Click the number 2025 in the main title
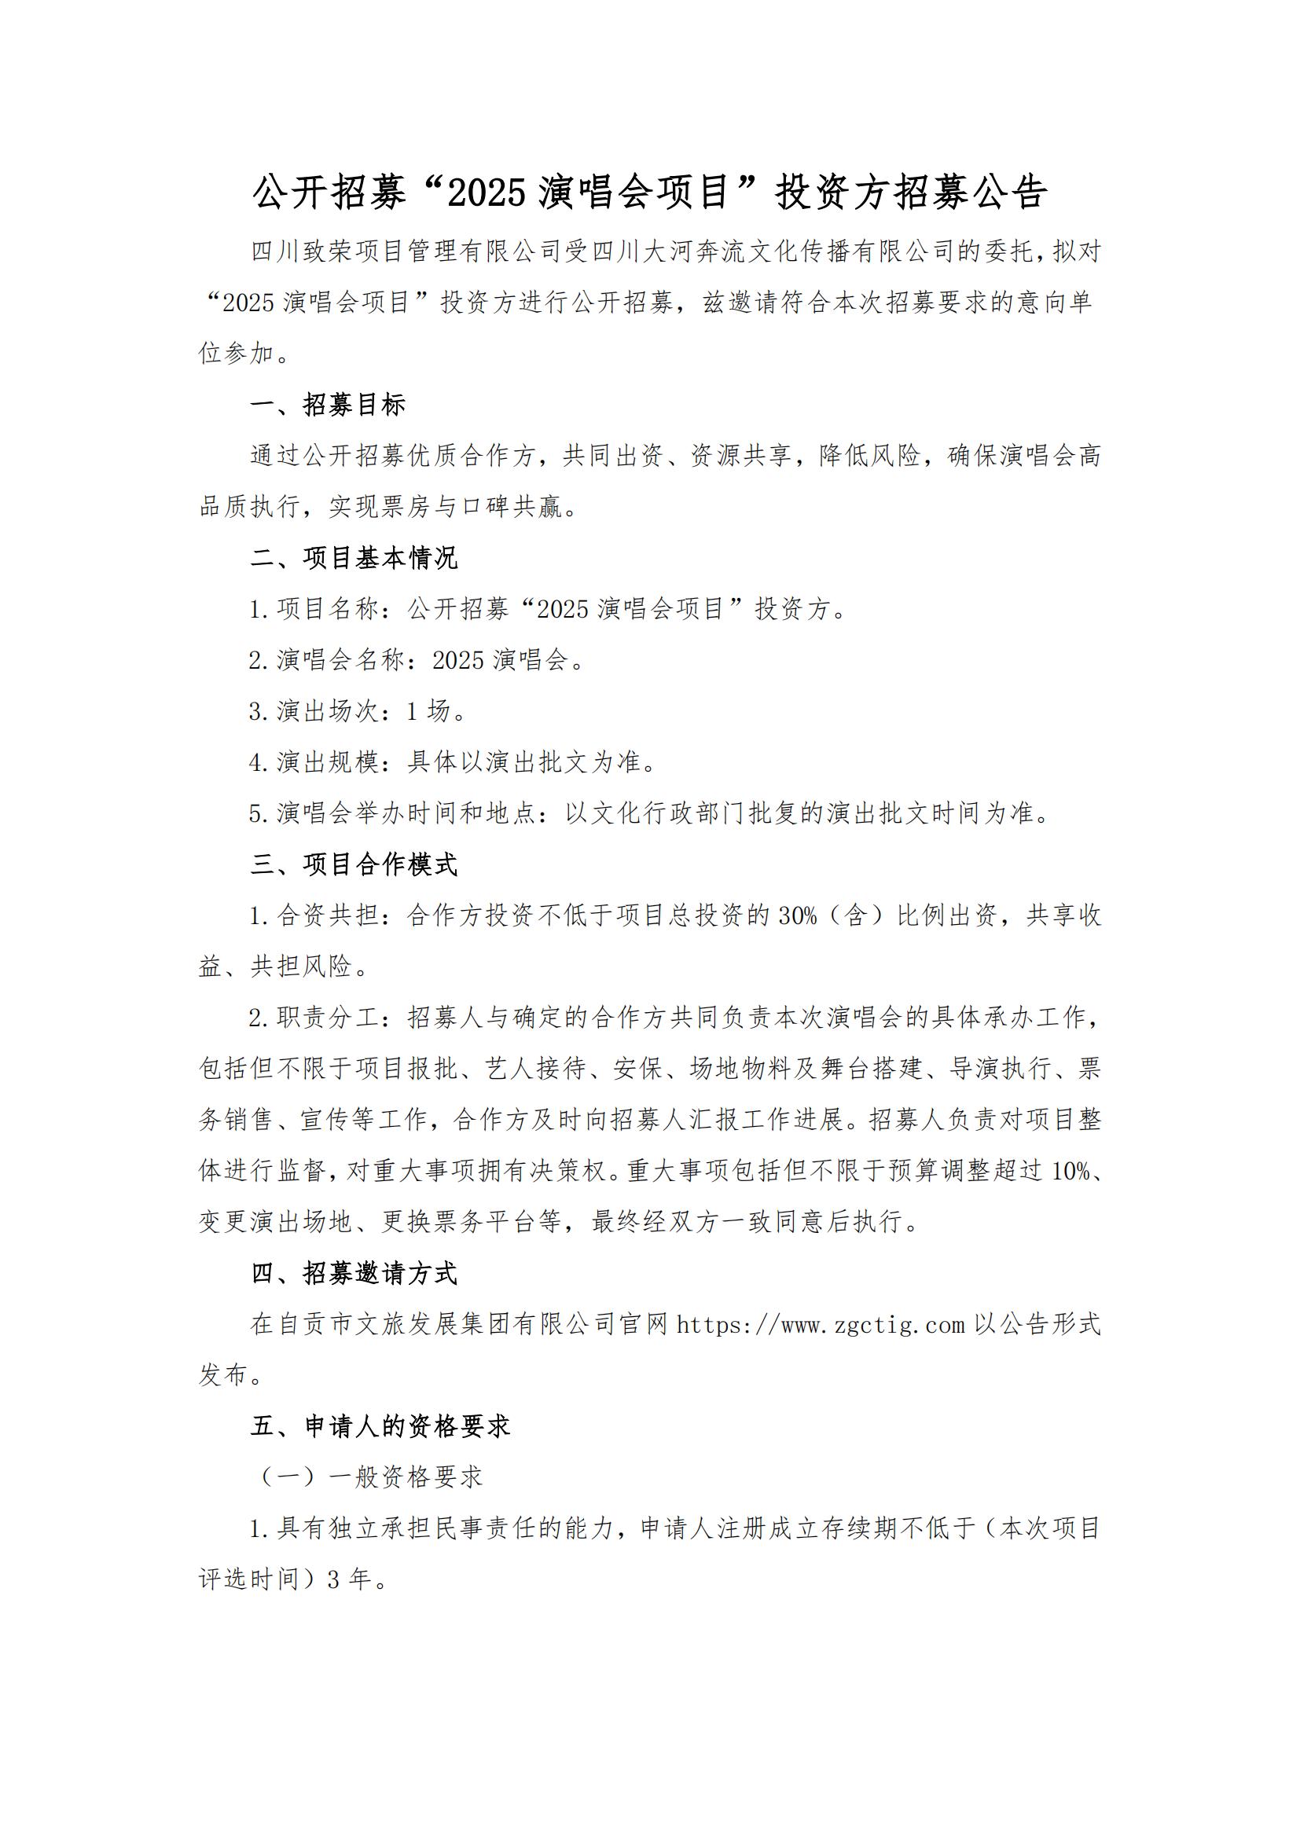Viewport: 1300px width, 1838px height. [486, 193]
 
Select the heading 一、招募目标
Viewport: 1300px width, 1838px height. [329, 405]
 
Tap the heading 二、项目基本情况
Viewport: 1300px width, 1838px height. [354, 558]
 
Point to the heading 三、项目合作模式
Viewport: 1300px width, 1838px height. [354, 864]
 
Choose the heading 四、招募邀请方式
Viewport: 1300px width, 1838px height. [354, 1273]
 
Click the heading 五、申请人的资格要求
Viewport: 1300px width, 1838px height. [380, 1425]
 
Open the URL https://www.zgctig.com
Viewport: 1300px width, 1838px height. [821, 1325]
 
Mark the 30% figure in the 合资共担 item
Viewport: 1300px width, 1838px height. [797, 915]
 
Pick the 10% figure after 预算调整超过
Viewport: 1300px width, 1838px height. [1071, 1171]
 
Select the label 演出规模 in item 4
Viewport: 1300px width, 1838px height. [329, 762]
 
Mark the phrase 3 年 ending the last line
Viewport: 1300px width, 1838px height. [350, 1579]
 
